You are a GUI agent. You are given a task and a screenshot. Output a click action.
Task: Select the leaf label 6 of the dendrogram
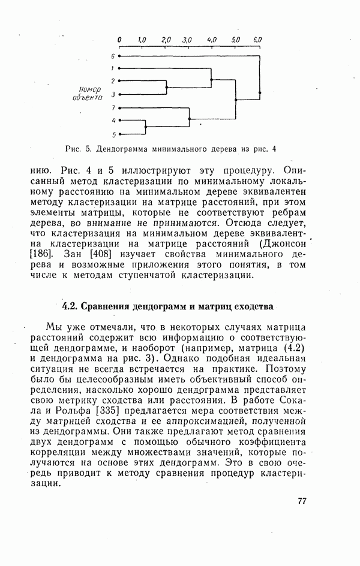click(x=112, y=56)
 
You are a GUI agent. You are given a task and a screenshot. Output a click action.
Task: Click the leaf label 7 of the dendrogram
click(x=112, y=107)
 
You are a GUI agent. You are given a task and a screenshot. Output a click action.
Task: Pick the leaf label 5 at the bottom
click(x=112, y=134)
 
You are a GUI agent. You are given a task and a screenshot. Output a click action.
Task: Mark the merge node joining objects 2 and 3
click(x=166, y=87)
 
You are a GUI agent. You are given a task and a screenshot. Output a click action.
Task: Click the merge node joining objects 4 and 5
click(x=146, y=127)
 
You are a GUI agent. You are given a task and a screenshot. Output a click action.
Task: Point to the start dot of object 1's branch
click(x=120, y=68)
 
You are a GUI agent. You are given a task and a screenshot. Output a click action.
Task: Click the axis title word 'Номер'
click(x=89, y=89)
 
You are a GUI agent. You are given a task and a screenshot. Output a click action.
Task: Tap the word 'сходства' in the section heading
click(x=256, y=306)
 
